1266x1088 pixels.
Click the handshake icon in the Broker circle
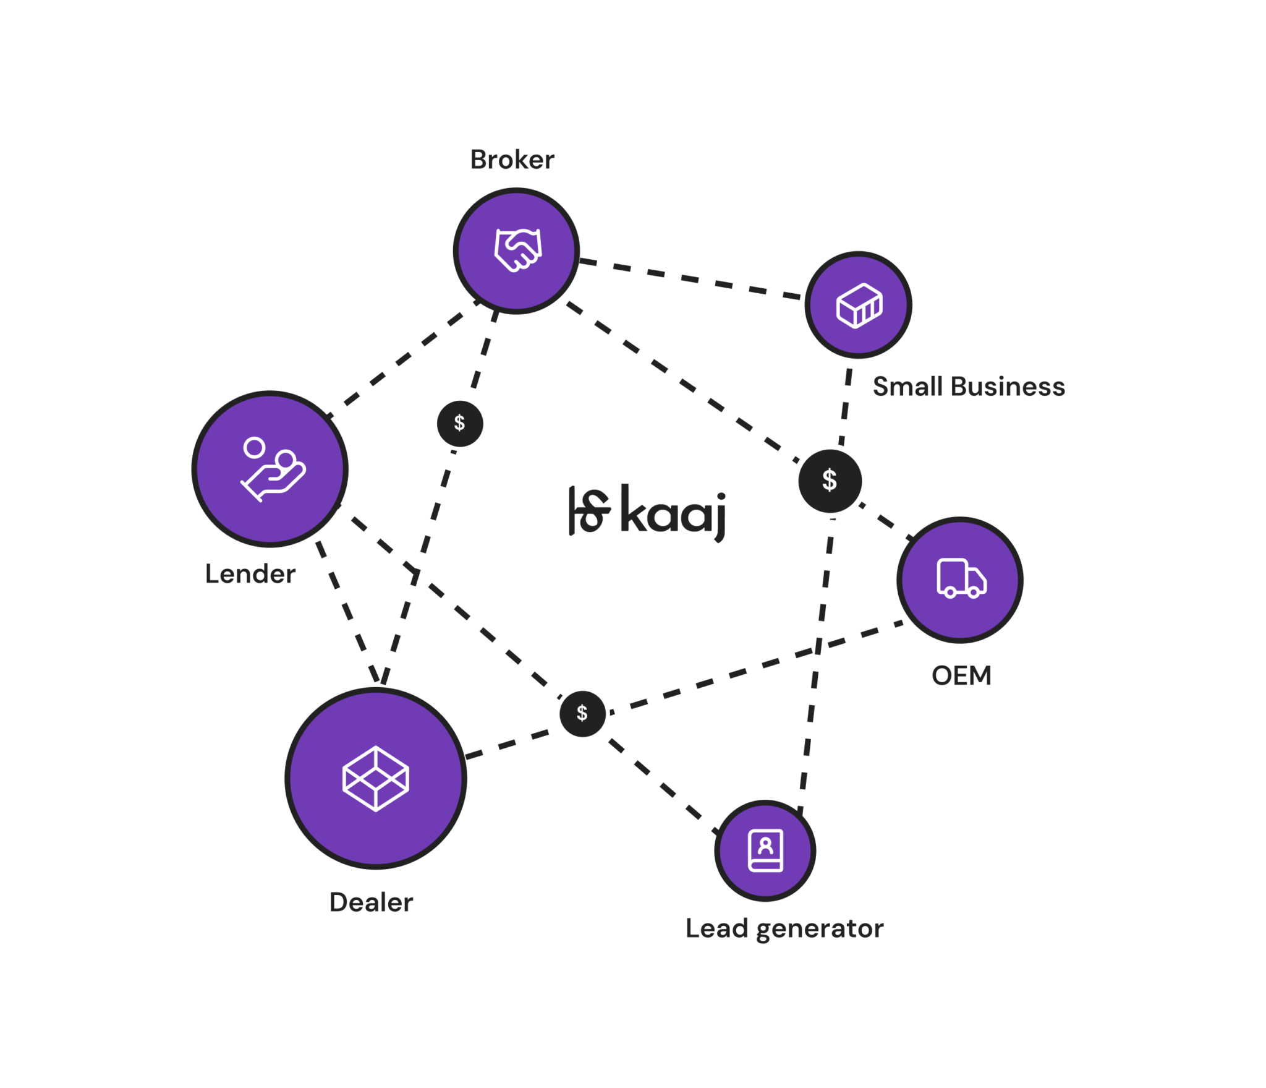(518, 250)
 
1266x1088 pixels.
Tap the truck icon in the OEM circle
(961, 578)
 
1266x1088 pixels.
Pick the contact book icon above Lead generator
(766, 850)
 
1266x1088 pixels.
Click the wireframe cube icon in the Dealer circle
(376, 778)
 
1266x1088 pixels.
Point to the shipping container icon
(859, 305)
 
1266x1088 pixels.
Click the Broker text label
(512, 160)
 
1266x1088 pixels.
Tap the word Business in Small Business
(1008, 387)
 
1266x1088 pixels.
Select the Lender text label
(250, 574)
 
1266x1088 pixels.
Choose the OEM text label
(961, 675)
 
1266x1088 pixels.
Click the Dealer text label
(371, 902)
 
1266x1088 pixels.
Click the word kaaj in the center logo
(673, 513)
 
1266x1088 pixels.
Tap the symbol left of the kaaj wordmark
(588, 511)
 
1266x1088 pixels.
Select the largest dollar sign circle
(830, 481)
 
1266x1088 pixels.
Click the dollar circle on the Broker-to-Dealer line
(459, 423)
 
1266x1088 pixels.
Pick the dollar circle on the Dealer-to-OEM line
(582, 713)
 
